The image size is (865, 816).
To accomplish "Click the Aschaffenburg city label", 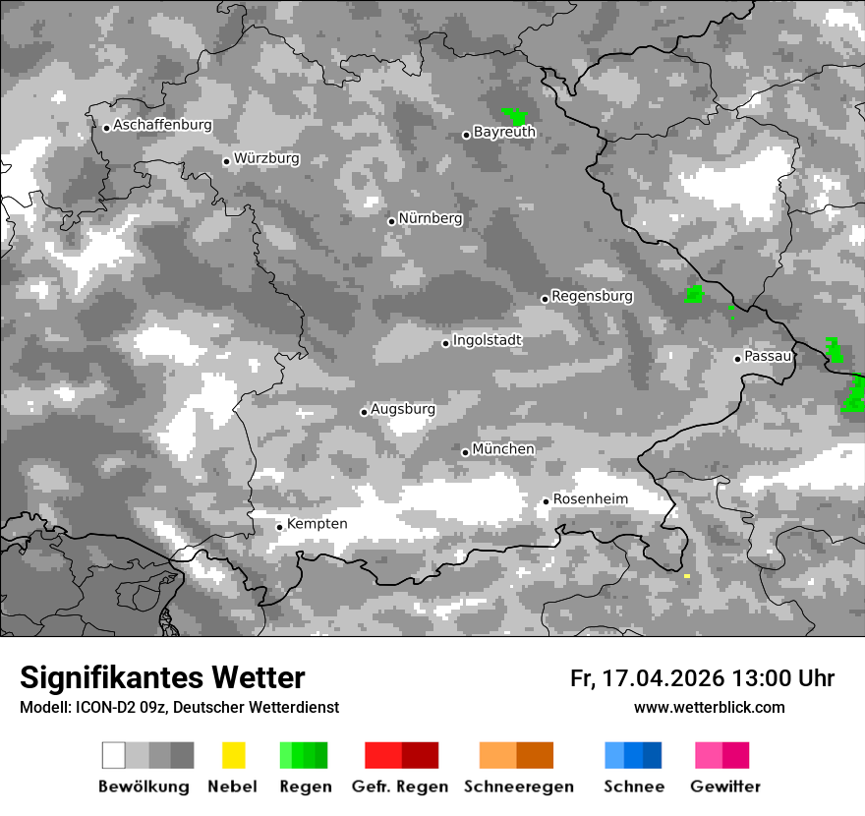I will coord(162,125).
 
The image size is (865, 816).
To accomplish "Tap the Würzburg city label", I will coord(266,158).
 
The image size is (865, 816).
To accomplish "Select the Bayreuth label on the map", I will coord(504,132).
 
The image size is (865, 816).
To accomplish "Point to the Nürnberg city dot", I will coord(391,221).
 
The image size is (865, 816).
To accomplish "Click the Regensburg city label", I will coord(592,296).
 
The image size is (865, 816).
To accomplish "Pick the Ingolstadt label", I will coord(487,340).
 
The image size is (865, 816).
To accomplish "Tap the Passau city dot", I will coord(737,359).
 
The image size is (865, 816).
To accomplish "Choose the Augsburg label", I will coord(403,409).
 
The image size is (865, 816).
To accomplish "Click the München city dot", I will coord(466,452).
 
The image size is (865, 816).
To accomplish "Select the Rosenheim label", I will coord(590,499).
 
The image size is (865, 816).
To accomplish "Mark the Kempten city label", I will coord(317,524).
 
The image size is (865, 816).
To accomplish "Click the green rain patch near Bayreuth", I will coord(514,116).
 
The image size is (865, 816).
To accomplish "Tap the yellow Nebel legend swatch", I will coord(233,755).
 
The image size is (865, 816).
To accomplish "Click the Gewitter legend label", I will coord(725,787).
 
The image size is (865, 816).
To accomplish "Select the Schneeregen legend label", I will coord(519,787).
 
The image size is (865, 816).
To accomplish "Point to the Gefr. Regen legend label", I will coord(400,787).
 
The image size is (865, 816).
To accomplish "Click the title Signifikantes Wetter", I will coord(162,677).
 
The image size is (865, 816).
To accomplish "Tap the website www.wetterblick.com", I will coord(709,708).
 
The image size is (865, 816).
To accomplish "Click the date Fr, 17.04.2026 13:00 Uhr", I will coord(702,678).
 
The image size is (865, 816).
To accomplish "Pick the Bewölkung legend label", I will coord(144,787).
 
